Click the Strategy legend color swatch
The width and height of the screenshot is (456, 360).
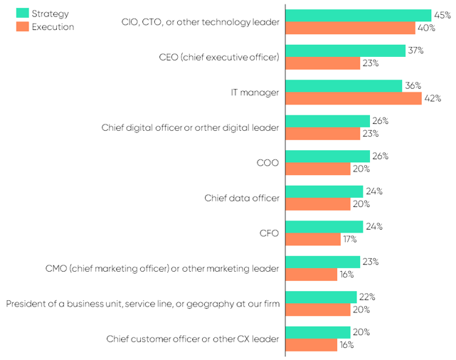pyautogui.click(x=21, y=14)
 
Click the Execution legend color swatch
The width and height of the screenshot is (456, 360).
pyautogui.click(x=21, y=27)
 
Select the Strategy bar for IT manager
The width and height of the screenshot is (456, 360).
pyautogui.click(x=344, y=85)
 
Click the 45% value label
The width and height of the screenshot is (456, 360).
pyautogui.click(x=442, y=15)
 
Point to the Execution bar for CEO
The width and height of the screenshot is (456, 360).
pyautogui.click(x=322, y=63)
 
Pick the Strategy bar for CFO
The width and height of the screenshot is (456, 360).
pyautogui.click(x=324, y=226)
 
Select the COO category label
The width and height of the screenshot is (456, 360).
pyautogui.click(x=268, y=162)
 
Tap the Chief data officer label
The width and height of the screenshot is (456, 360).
pyautogui.click(x=242, y=198)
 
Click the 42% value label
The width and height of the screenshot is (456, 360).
pyautogui.click(x=433, y=98)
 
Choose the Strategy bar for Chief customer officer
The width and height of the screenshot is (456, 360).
pyautogui.click(x=318, y=332)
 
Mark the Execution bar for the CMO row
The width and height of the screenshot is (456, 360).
pyautogui.click(x=311, y=275)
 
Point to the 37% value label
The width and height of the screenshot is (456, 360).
pyautogui.click(x=416, y=51)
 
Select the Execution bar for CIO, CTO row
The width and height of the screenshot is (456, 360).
pyautogui.click(x=350, y=28)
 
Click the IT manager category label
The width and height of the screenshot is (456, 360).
pyautogui.click(x=255, y=92)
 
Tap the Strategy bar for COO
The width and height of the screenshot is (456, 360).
pyautogui.click(x=327, y=156)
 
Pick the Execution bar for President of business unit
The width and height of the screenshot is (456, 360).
pyautogui.click(x=318, y=309)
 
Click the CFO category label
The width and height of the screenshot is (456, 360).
pyautogui.click(x=269, y=233)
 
